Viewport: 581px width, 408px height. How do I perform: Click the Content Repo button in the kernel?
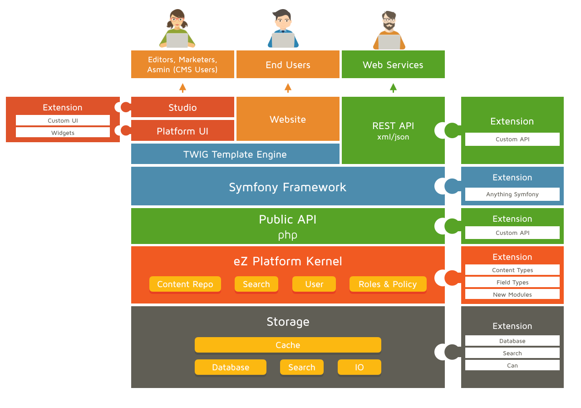click(185, 284)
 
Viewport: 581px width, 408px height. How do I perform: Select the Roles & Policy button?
click(388, 284)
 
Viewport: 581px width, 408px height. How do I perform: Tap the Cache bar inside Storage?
click(288, 345)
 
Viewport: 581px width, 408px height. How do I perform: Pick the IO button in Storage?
click(359, 367)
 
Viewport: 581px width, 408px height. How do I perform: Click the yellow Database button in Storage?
click(231, 367)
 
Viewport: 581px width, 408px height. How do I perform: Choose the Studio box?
click(182, 107)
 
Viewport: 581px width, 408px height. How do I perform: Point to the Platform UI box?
click(182, 131)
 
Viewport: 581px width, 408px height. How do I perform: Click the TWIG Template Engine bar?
click(235, 154)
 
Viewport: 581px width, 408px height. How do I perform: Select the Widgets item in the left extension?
click(63, 133)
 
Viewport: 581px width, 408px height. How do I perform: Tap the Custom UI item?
click(63, 120)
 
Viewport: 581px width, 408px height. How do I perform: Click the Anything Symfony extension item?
click(512, 194)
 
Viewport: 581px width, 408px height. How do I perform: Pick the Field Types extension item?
click(512, 282)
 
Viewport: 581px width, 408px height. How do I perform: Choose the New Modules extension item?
click(512, 294)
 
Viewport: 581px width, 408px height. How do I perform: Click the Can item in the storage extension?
click(512, 365)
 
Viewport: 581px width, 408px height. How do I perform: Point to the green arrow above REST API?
click(393, 88)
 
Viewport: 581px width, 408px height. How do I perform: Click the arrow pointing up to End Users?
click(288, 88)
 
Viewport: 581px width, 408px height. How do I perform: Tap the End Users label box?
click(288, 65)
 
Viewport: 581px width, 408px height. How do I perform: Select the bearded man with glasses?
click(389, 30)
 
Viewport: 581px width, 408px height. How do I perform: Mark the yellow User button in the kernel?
click(314, 284)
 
